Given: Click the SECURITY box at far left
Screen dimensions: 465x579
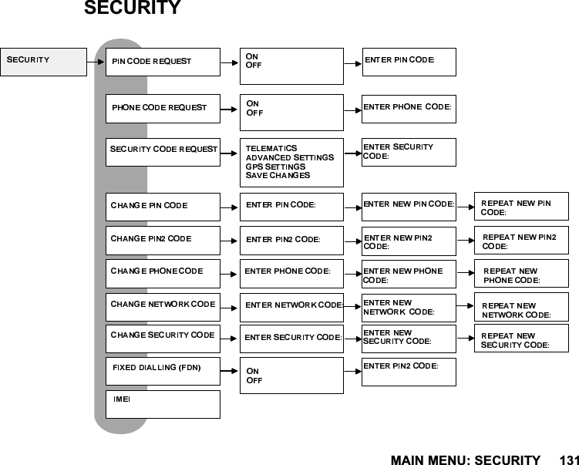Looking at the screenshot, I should [x=43, y=62].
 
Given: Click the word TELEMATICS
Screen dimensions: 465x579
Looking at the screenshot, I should [x=271, y=148].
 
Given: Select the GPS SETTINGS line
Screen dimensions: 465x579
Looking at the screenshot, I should [x=275, y=167].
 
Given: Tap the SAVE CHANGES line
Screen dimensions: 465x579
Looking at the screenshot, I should [x=278, y=176].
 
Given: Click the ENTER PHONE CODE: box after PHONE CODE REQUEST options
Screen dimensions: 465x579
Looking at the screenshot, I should [x=409, y=108].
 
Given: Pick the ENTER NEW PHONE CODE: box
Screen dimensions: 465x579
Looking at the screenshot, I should [x=409, y=275].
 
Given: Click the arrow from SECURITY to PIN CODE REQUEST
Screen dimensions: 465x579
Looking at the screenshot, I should [x=96, y=62].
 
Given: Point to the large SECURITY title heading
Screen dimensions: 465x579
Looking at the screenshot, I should [x=132, y=9].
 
